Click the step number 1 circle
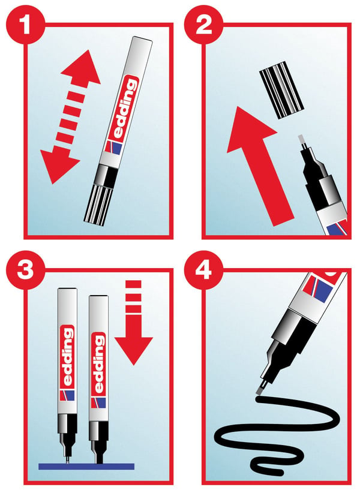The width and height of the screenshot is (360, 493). point(25,25)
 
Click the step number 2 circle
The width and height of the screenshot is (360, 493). point(203,25)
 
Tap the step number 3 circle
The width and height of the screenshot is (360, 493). point(25,270)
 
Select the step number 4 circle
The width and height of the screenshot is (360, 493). point(203,270)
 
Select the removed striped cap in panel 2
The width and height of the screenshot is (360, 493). point(281,90)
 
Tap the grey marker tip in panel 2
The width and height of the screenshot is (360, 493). point(302,141)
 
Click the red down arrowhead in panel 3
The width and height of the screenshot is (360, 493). point(134,350)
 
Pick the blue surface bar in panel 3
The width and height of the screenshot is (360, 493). point(86,466)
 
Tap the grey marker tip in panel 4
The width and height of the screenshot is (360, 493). point(260,390)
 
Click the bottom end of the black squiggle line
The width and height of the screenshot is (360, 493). point(280,472)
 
